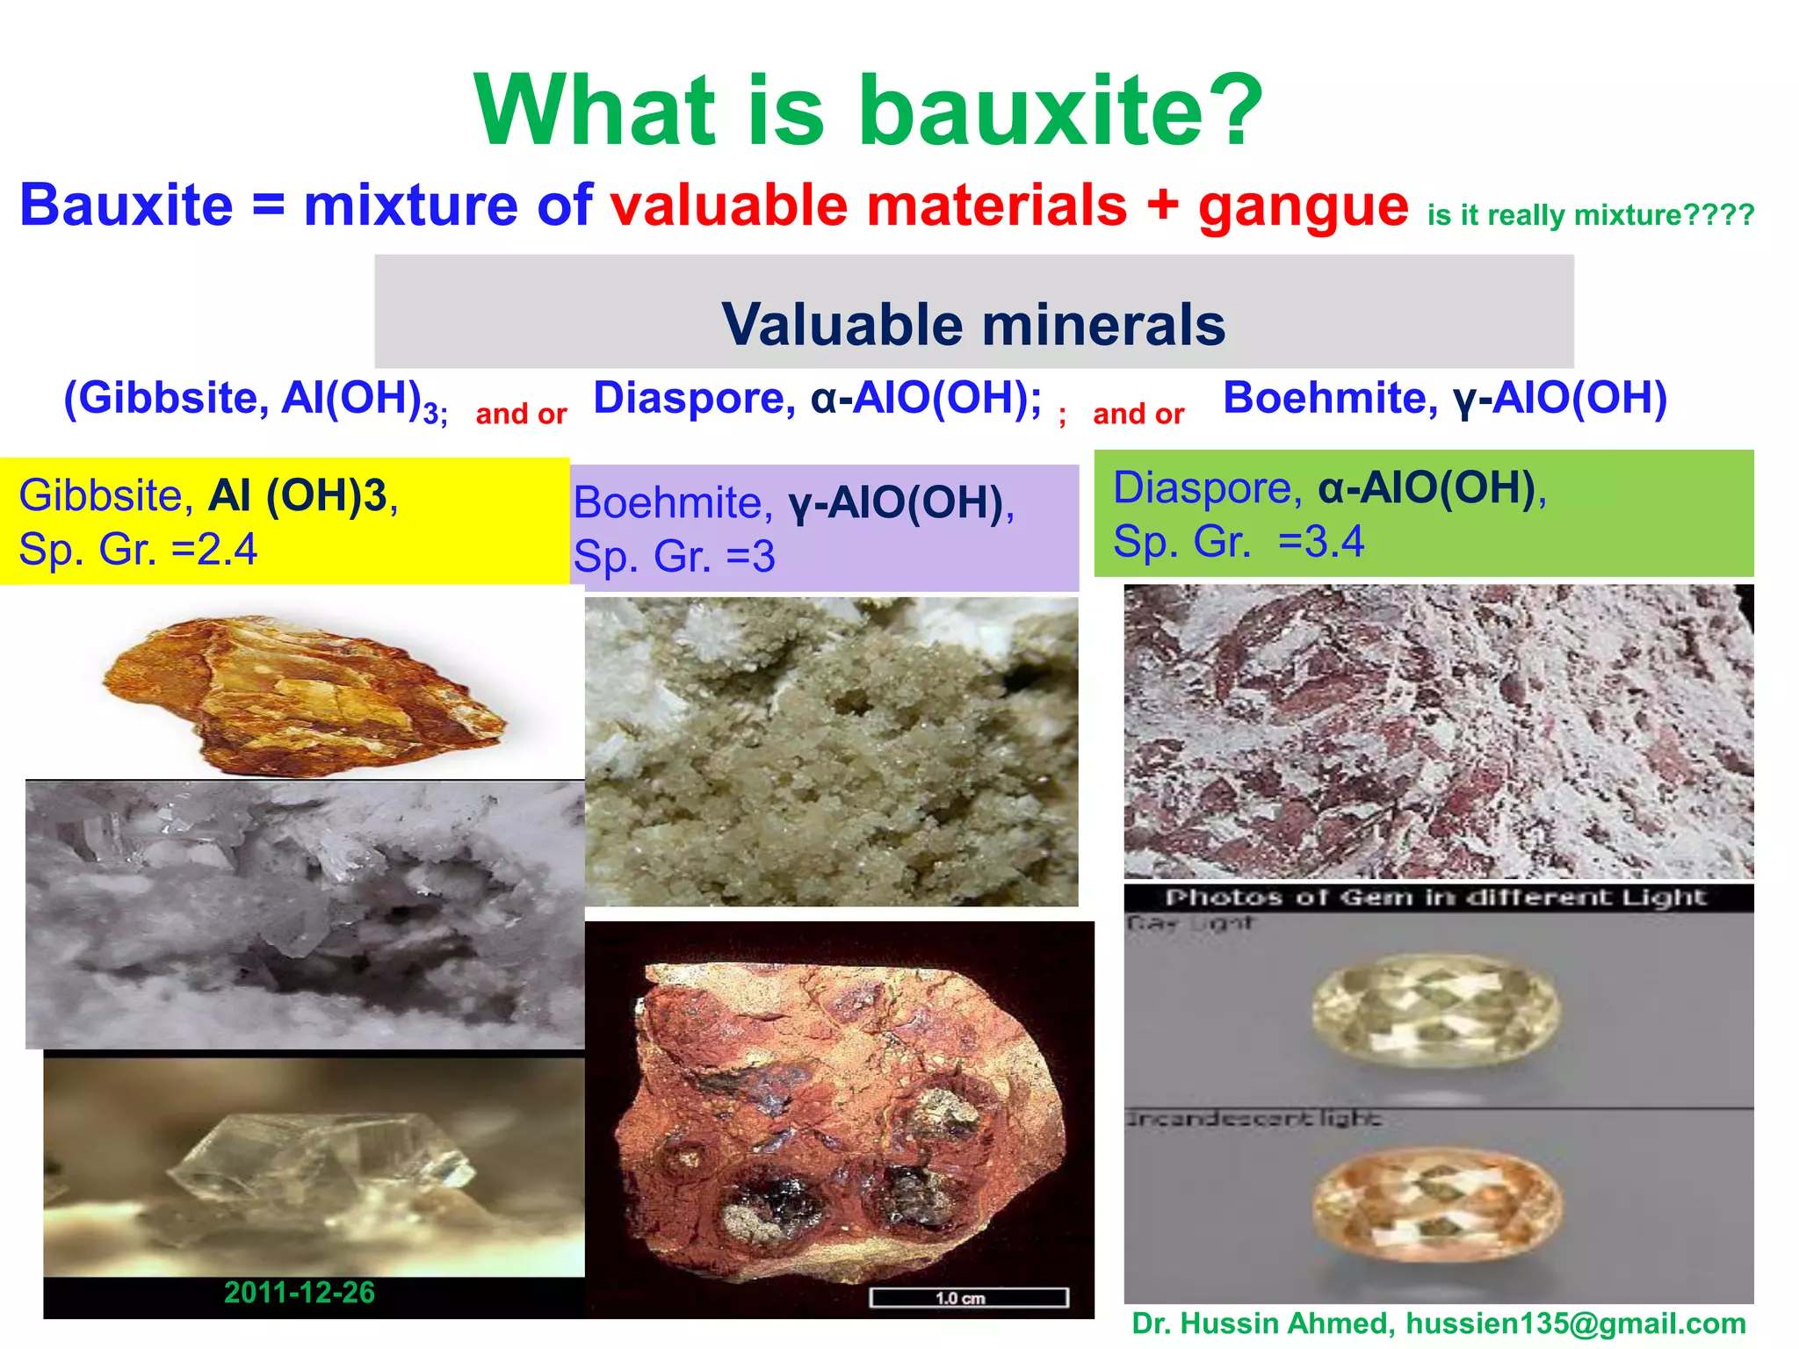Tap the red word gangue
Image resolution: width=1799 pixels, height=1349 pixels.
pyautogui.click(x=1304, y=206)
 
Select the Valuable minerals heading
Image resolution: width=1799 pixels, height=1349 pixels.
pyautogui.click(x=973, y=324)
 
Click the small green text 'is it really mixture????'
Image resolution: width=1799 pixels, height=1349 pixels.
pyautogui.click(x=1591, y=215)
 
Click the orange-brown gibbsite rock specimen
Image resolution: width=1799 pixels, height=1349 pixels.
pyautogui.click(x=303, y=694)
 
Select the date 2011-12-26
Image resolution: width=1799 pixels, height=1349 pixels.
pyautogui.click(x=299, y=1293)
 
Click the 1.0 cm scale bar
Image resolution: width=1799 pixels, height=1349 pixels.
pyautogui.click(x=968, y=1298)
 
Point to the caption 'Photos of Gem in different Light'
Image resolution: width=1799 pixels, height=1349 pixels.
pyautogui.click(x=1435, y=898)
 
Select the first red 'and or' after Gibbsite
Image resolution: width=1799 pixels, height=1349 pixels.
pyautogui.click(x=521, y=414)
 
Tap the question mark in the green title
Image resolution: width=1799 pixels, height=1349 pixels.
pyautogui.click(x=1233, y=112)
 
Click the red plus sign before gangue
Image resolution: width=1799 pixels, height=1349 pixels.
pyautogui.click(x=1162, y=206)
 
